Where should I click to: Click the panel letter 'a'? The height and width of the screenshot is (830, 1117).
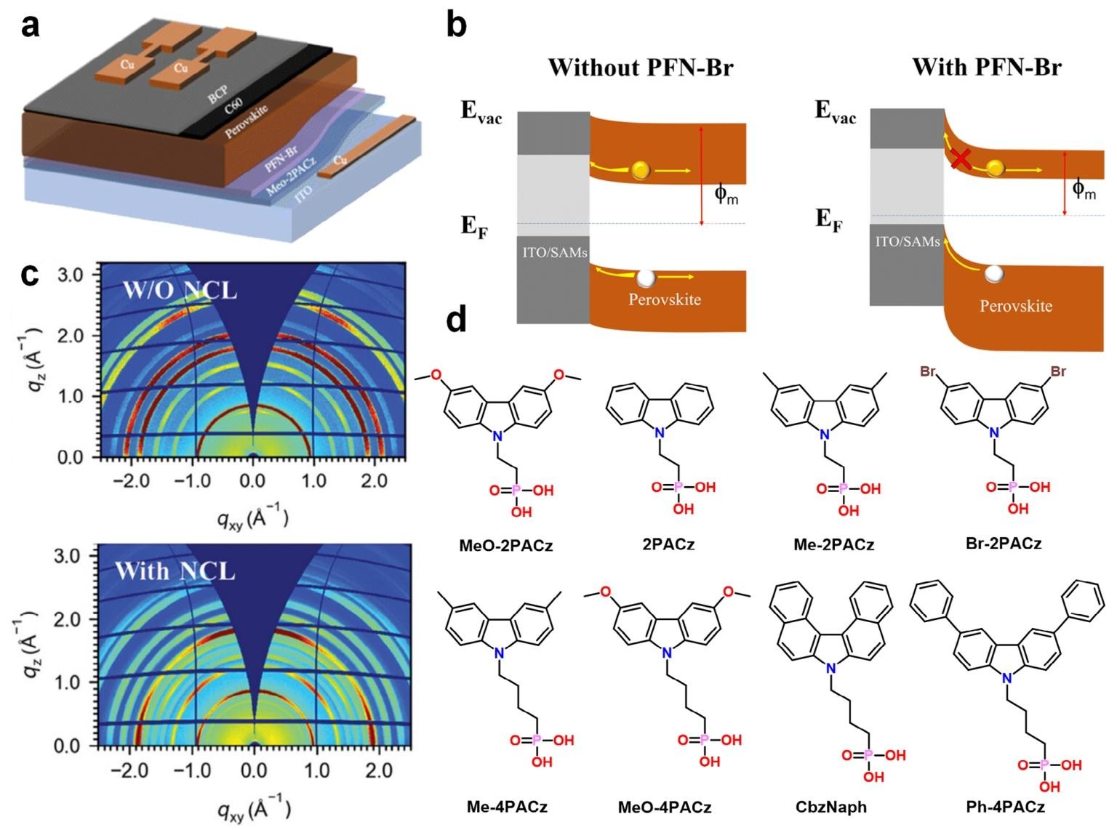[x=31, y=26]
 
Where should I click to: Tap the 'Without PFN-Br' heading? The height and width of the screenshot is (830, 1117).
[x=641, y=68]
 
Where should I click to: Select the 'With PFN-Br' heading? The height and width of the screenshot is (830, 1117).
[x=987, y=68]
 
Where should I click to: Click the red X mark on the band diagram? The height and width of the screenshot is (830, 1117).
[x=961, y=158]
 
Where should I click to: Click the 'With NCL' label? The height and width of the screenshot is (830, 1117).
[x=175, y=571]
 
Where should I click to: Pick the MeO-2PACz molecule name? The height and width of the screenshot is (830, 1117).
[x=506, y=545]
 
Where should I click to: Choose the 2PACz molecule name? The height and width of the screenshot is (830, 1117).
[x=668, y=544]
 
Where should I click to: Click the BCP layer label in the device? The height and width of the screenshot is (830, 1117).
[x=218, y=94]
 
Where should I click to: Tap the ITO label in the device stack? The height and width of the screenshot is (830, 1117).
[x=303, y=192]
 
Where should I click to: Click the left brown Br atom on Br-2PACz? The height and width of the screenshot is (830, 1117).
[x=928, y=372]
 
